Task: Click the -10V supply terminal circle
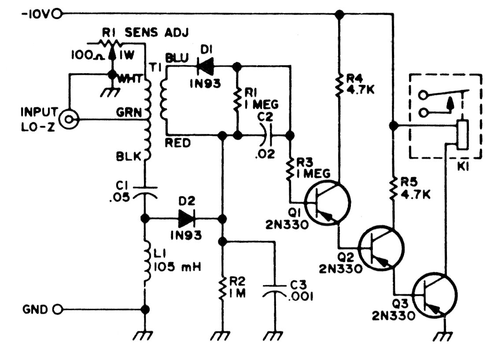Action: click(x=57, y=14)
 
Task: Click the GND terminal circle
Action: click(x=58, y=309)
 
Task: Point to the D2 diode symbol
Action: click(x=187, y=219)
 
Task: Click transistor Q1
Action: click(x=328, y=202)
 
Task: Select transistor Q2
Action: click(x=381, y=248)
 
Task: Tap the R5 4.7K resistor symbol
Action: click(x=394, y=189)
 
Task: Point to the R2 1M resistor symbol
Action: click(x=223, y=288)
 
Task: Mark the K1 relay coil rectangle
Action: click(x=462, y=135)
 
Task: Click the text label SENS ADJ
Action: click(x=157, y=33)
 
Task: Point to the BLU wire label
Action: click(x=177, y=58)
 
